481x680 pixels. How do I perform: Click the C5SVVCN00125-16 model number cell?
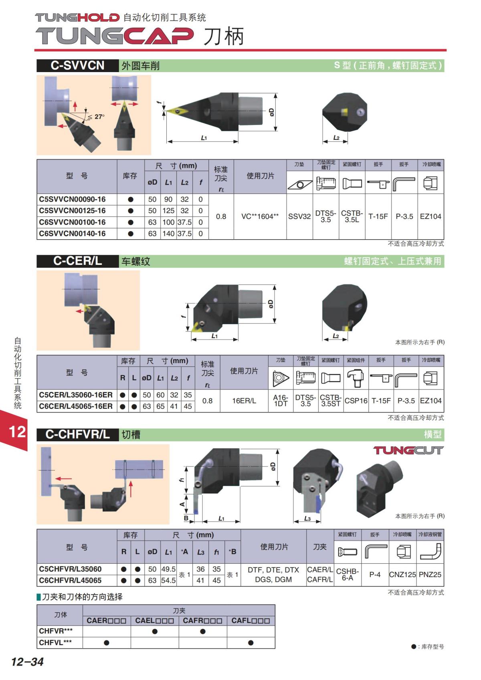point(72,211)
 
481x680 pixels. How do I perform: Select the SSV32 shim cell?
point(299,216)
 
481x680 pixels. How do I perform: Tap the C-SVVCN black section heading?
point(77,66)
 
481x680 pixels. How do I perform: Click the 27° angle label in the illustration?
point(97,117)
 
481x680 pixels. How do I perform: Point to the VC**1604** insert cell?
point(260,216)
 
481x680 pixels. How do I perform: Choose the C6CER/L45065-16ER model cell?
point(76,406)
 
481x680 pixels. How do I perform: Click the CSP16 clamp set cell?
point(356,401)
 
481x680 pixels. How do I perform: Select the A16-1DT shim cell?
point(281,401)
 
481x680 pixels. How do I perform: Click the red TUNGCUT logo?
point(408,450)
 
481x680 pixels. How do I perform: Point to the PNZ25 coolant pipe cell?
point(430,575)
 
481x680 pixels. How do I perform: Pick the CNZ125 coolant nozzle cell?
point(402,575)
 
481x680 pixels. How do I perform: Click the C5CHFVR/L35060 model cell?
point(70,569)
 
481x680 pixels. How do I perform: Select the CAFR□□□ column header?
point(202,621)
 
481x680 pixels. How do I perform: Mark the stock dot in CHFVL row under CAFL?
point(251,643)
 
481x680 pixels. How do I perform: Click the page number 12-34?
point(27,662)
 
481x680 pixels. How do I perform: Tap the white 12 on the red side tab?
point(17,432)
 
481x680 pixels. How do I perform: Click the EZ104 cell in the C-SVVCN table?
point(430,216)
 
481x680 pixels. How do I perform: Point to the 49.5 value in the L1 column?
point(168,569)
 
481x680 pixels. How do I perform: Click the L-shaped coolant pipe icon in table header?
point(430,552)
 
